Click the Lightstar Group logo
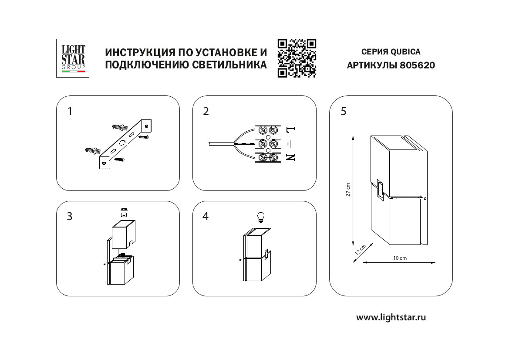tap(73, 58)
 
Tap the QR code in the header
tap(297, 58)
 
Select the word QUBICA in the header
tap(405, 52)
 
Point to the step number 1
tap(70, 112)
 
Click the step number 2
tap(206, 112)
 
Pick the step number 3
tap(70, 217)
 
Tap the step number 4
tap(206, 217)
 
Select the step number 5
tap(344, 112)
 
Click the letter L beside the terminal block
tap(291, 130)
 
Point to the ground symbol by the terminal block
tap(291, 143)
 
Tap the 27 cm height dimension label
tap(347, 190)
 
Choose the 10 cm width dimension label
tap(399, 258)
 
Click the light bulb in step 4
tap(261, 217)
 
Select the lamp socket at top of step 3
tap(124, 212)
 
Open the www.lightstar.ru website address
tap(391, 317)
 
